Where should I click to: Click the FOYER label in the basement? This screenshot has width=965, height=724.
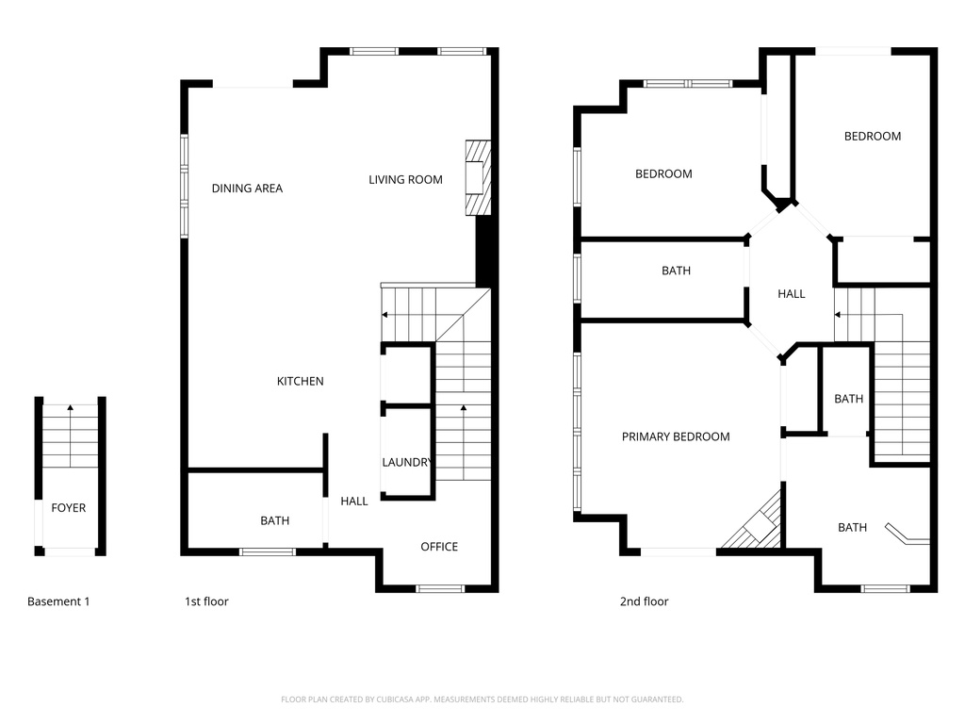[x=68, y=508]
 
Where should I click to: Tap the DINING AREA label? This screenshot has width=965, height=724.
[x=247, y=189]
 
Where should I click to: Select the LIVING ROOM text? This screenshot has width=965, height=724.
[x=405, y=179]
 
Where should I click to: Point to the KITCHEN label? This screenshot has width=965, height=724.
[x=300, y=382]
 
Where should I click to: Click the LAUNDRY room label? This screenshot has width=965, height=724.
[x=406, y=463]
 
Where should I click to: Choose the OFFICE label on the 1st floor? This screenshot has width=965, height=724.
[x=439, y=547]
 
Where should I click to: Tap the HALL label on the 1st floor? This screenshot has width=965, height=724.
[x=354, y=502]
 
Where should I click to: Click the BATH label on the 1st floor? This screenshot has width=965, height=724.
[x=275, y=521]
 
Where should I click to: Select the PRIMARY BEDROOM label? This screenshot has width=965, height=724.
[x=676, y=436]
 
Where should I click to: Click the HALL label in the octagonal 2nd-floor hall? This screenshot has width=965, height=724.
[x=792, y=294]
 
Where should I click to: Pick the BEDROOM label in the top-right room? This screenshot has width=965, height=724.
[x=872, y=136]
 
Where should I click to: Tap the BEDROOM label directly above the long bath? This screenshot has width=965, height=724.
[x=663, y=173]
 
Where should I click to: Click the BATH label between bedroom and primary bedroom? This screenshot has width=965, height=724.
[x=676, y=271]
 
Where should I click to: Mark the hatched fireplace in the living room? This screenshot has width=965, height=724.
[x=479, y=178]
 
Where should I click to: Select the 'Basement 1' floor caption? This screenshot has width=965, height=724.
[x=58, y=601]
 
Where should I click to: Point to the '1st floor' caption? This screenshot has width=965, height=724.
[x=205, y=601]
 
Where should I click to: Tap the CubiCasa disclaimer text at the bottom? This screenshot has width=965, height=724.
[x=482, y=699]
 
